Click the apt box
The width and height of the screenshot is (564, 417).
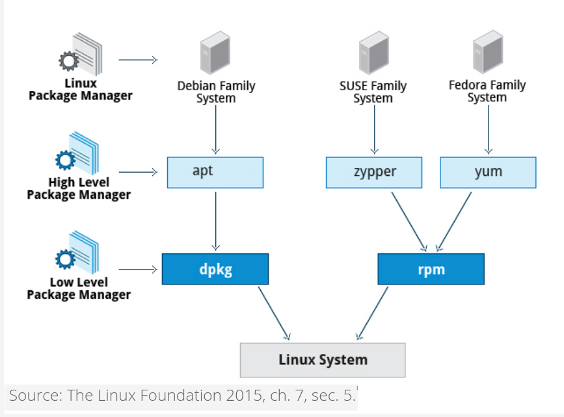coord(215,172)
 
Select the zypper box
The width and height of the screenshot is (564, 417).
coord(374,172)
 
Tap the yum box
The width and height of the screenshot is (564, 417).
coord(488,172)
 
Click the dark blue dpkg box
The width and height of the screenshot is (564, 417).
coord(215,269)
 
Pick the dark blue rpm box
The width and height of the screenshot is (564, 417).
coord(431,269)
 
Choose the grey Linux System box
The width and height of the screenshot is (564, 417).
coord(323,360)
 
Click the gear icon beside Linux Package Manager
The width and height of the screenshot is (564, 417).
coord(68,62)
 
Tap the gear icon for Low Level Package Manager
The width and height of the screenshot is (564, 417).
coord(65,260)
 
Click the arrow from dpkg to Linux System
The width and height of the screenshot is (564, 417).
coord(274,313)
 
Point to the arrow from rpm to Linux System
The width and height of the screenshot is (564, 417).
coord(372,313)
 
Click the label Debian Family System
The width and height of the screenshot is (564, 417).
coord(216,92)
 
